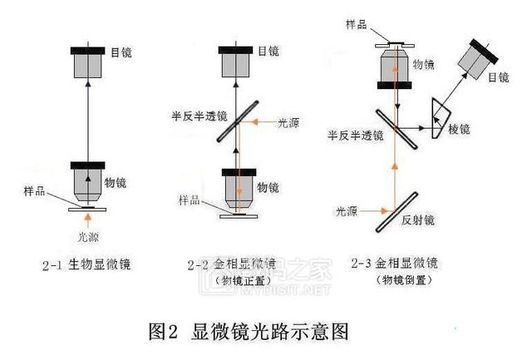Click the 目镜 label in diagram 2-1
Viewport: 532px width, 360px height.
(x=121, y=52)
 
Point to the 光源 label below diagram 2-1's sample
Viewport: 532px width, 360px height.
(x=89, y=236)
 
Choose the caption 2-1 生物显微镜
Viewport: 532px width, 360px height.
(x=89, y=265)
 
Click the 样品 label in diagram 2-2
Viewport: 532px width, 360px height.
(x=190, y=200)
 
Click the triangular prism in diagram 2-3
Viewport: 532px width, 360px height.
(x=437, y=116)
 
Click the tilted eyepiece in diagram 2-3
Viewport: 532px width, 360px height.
(x=479, y=57)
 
